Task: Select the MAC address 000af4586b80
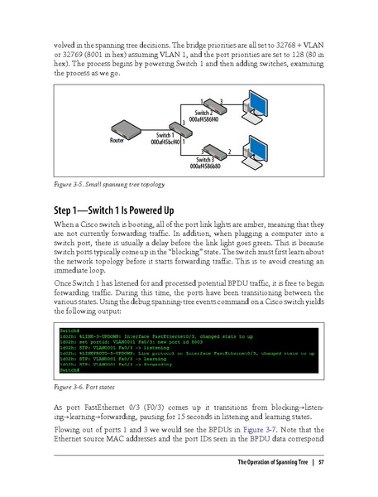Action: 206,166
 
